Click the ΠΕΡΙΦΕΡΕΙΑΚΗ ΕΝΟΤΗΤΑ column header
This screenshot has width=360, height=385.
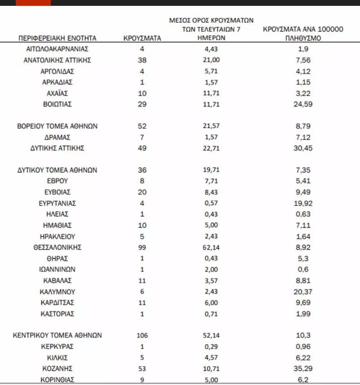point(58,39)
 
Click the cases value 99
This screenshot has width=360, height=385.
point(142,247)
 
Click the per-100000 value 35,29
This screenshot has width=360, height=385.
point(303,368)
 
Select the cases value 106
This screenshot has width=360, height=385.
point(142,336)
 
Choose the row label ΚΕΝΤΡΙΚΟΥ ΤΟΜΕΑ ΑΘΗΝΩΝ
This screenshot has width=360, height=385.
point(57,336)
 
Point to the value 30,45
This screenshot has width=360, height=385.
point(303,148)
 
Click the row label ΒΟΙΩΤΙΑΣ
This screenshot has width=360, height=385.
point(57,104)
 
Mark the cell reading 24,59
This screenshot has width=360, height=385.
point(303,104)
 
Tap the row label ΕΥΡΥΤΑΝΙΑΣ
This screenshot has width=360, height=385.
point(57,203)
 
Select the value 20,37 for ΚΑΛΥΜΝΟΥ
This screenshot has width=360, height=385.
point(303,291)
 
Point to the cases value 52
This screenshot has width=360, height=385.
point(142,126)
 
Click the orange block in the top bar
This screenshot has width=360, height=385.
point(33,3)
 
